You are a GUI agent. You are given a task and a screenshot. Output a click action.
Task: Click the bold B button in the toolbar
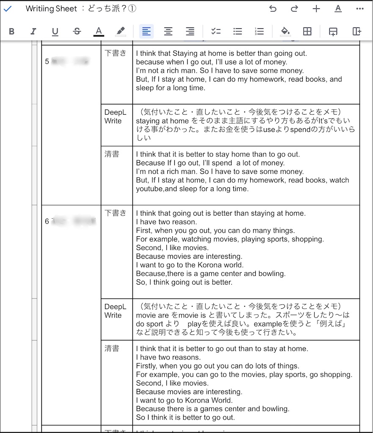point(11,31)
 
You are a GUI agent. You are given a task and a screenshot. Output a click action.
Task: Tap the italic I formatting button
point(33,31)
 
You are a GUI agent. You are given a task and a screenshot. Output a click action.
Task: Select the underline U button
point(55,31)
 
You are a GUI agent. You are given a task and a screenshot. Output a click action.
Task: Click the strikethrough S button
point(77,31)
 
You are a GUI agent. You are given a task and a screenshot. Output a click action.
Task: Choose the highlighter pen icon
point(121,31)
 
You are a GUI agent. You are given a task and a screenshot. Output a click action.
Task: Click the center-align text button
point(169,31)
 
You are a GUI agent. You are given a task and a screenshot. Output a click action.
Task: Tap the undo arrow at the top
point(273,9)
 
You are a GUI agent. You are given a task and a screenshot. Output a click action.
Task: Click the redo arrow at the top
point(294,9)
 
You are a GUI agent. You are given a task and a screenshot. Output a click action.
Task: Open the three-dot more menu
point(360,9)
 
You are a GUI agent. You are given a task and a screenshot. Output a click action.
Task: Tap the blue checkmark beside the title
point(8,9)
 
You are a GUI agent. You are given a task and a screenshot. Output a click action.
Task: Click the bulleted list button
point(238,31)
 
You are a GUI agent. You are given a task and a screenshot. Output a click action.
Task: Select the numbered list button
point(260,31)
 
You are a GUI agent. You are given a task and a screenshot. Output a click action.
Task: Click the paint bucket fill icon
point(285,31)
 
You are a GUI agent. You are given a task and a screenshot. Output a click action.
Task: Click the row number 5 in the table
point(47,62)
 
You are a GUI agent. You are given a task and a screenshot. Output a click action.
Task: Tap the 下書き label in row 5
point(115,53)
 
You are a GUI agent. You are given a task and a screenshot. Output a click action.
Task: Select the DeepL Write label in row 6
point(115,311)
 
